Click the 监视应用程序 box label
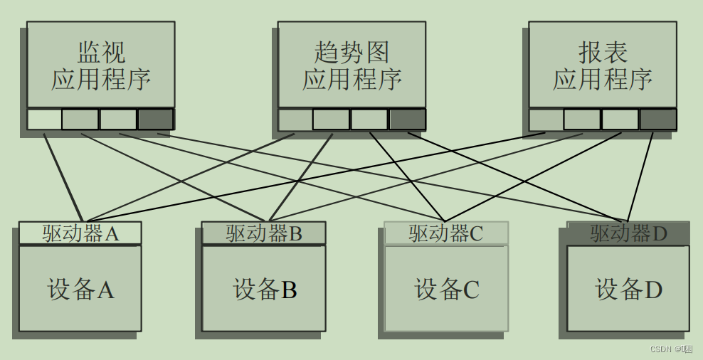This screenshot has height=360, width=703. (101, 65)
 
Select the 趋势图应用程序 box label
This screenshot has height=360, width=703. (351, 65)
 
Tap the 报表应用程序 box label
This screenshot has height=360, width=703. (603, 65)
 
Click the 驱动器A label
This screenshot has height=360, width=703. (80, 233)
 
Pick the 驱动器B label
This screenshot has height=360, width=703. (264, 233)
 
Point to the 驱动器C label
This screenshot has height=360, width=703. (446, 233)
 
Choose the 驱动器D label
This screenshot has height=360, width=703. (628, 233)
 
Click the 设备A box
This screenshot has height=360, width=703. (80, 289)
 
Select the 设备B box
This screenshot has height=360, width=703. (264, 289)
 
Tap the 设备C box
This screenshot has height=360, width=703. (446, 289)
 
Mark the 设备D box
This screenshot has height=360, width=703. (628, 289)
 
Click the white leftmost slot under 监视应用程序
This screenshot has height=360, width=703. (44, 119)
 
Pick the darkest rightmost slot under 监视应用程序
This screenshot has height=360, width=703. (155, 119)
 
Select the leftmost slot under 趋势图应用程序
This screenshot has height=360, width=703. (295, 119)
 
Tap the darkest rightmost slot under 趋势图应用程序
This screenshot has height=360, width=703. (407, 119)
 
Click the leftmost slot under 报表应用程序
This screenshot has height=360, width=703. (546, 119)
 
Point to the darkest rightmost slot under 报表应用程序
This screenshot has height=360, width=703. (657, 119)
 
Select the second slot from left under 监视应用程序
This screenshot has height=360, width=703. (80, 119)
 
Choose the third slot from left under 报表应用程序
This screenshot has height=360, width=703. (620, 119)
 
